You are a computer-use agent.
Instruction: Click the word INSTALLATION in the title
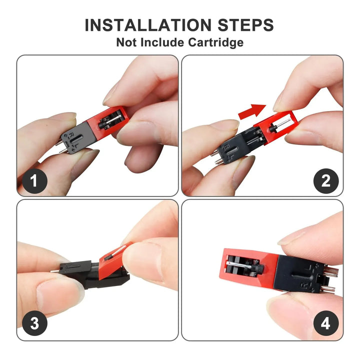pyautogui.click(x=148, y=25)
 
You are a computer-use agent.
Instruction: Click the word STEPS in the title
pyautogui.click(x=245, y=25)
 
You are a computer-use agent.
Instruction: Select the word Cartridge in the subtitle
pyautogui.click(x=216, y=42)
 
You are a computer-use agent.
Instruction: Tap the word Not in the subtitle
pyautogui.click(x=127, y=42)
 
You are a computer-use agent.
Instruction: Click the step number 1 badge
pyautogui.click(x=34, y=181)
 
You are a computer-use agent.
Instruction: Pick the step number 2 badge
pyautogui.click(x=326, y=181)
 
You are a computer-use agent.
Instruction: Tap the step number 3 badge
pyautogui.click(x=34, y=323)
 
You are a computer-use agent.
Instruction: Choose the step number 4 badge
pyautogui.click(x=326, y=323)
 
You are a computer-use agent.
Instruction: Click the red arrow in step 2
pyautogui.click(x=252, y=111)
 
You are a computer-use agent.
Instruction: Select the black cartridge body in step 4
pyautogui.click(x=298, y=274)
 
